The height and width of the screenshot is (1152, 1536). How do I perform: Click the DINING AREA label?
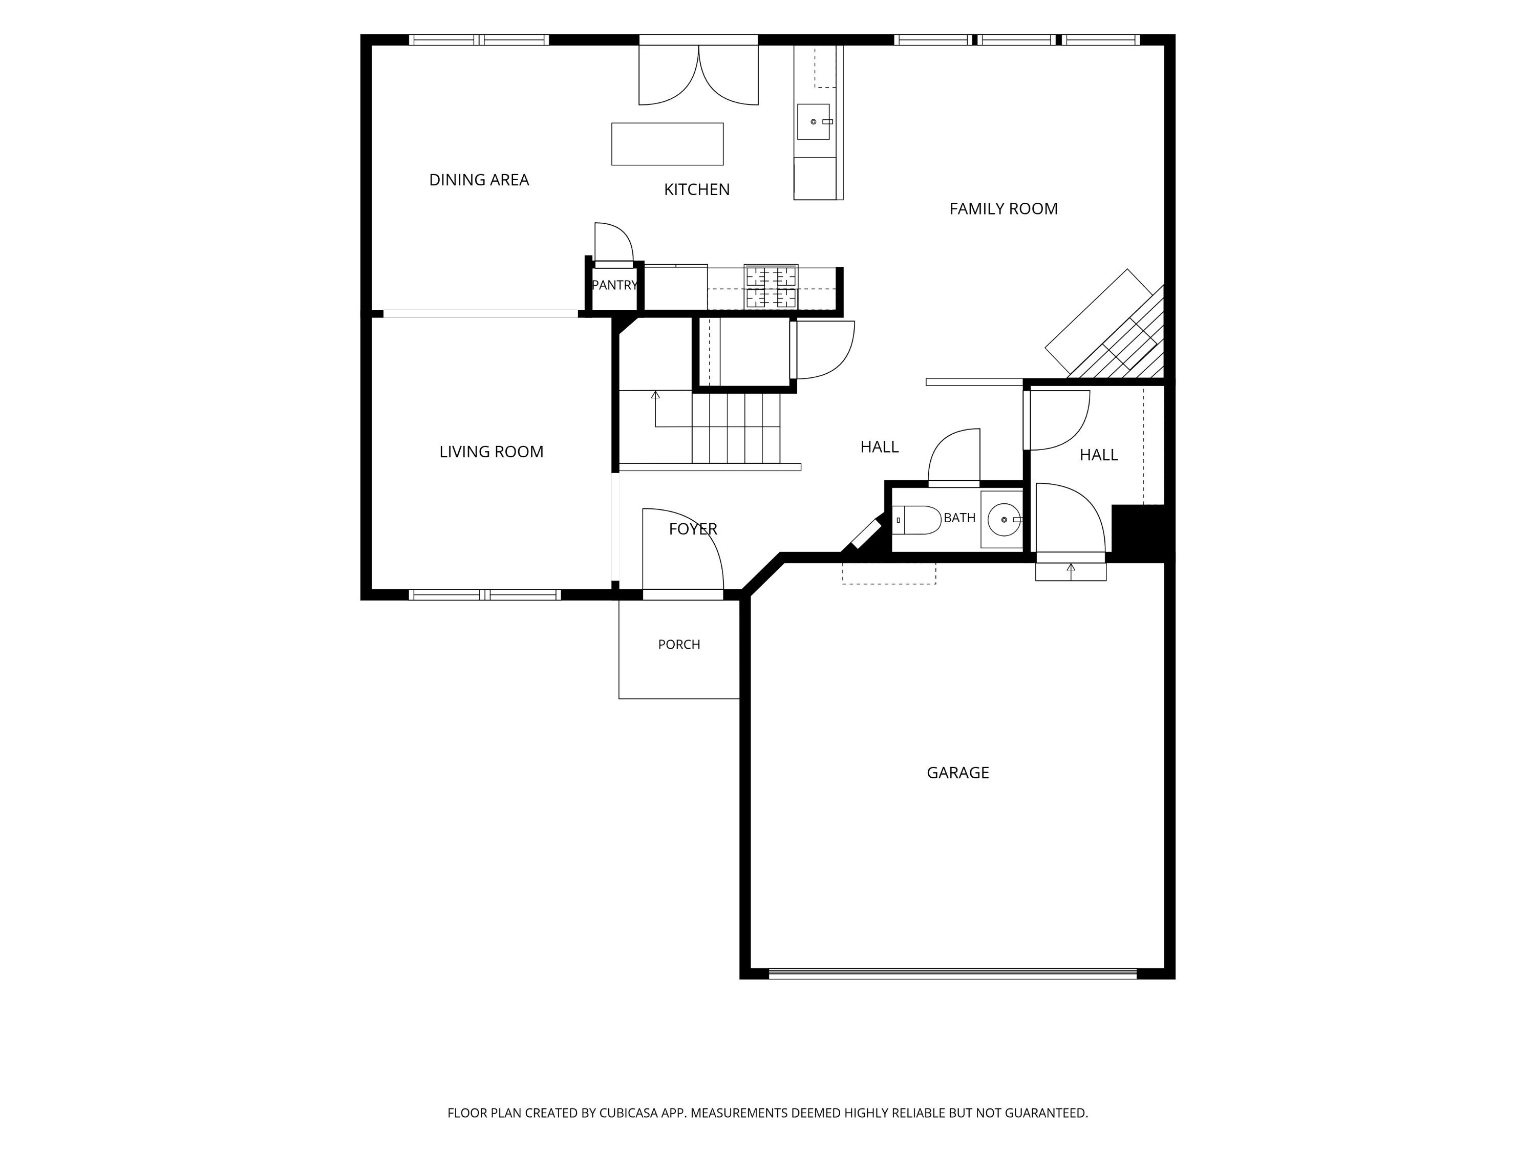point(479,180)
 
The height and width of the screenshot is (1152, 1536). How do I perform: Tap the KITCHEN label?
point(696,189)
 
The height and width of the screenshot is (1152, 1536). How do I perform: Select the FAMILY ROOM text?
point(1004,208)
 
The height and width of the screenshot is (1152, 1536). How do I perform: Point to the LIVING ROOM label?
point(491,452)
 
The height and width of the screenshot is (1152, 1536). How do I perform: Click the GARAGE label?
point(957,773)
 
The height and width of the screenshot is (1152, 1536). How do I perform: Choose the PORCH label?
point(679,645)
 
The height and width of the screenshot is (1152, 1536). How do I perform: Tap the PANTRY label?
point(614,285)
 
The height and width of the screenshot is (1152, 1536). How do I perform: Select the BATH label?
point(959,518)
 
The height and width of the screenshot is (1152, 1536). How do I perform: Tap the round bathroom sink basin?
point(1004,519)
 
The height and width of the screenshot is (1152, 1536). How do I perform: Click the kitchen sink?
point(813,121)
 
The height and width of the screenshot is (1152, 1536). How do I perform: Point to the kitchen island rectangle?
point(667,144)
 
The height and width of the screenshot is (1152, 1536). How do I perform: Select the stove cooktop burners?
point(771,287)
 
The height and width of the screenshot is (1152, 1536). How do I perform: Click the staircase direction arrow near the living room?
point(655,410)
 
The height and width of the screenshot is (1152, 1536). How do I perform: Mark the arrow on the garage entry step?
point(1071,571)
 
